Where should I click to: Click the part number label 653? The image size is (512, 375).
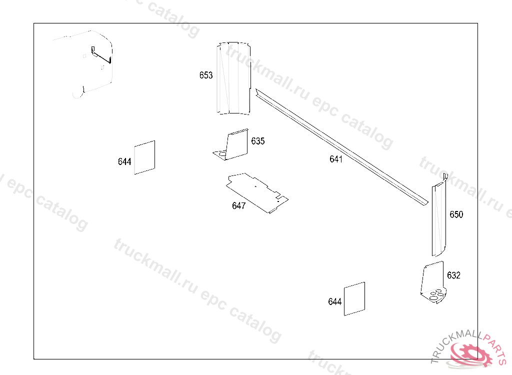coord(206,75)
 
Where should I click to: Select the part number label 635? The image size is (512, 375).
coord(257,141)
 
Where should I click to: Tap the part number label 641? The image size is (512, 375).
coord(335,159)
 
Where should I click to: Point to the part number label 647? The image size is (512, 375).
coord(238,206)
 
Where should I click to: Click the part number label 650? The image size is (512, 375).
coord(456,214)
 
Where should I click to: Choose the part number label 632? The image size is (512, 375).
coord(453,275)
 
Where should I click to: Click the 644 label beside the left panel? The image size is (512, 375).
coord(124,161)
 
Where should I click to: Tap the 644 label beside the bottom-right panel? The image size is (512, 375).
coord(334,301)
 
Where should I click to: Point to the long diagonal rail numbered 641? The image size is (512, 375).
coord(341,147)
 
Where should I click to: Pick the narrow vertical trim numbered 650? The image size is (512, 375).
coord(439,219)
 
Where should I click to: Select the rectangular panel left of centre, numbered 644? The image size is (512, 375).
coord(144,157)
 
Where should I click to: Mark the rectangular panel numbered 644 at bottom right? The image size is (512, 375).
coord(354,299)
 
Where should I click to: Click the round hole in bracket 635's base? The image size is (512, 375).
coord(222,153)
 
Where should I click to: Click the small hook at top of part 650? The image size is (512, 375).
coord(445,177)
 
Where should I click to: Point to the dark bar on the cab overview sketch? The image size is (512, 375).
coord(101,56)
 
